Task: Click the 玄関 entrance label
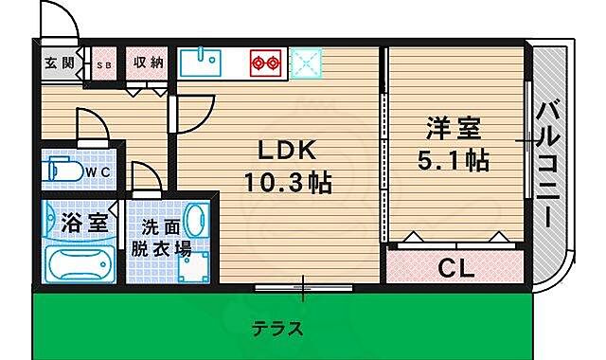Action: click(60, 63)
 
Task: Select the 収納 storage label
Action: click(148, 63)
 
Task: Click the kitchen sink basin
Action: click(199, 63)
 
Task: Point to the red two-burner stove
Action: click(265, 63)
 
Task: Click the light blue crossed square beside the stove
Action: click(308, 63)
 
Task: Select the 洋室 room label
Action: click(453, 130)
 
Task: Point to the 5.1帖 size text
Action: click(453, 161)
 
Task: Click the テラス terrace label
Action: click(277, 330)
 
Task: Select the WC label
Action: click(99, 171)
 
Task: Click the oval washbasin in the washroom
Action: click(196, 224)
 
